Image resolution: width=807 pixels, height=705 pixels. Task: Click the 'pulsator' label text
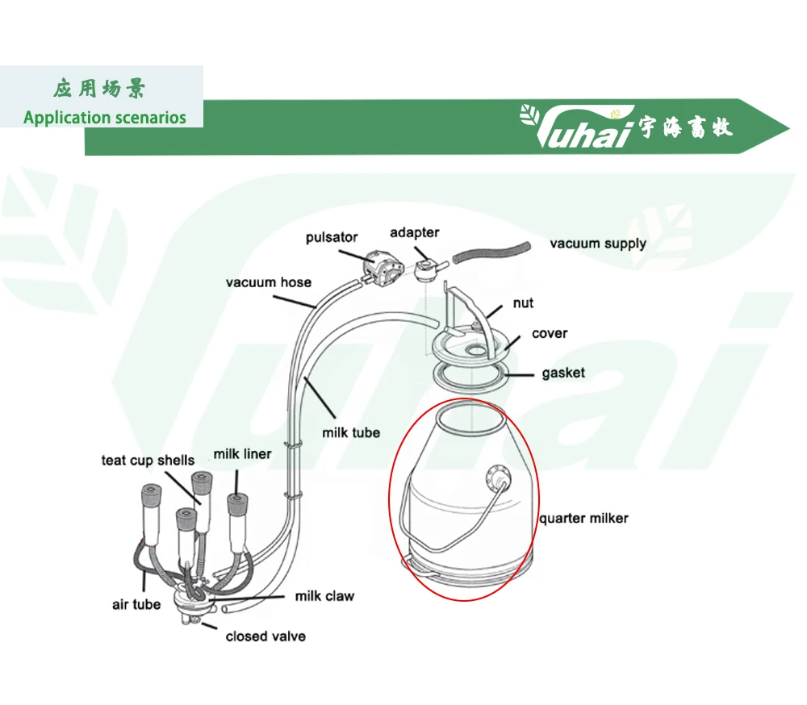coord(331,238)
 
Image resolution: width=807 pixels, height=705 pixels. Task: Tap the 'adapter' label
coord(414,232)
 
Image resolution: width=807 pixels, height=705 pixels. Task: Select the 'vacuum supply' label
coord(597,243)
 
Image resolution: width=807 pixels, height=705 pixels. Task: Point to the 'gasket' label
coord(563,373)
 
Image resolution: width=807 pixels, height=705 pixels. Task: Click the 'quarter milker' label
coord(583,518)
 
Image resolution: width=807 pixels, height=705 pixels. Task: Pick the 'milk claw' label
coord(324,596)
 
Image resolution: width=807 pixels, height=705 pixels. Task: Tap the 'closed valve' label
coord(266,636)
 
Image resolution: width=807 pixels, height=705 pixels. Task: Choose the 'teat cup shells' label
coord(148,460)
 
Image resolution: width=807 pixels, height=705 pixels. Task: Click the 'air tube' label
coord(136,604)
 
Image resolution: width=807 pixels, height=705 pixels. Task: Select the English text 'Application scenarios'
coord(104,117)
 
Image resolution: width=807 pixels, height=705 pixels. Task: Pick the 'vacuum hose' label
coord(268,282)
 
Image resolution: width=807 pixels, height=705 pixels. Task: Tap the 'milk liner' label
coord(242,454)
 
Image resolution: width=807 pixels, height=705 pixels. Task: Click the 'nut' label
coord(522,303)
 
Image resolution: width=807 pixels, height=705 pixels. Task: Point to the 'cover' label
coord(549,333)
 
